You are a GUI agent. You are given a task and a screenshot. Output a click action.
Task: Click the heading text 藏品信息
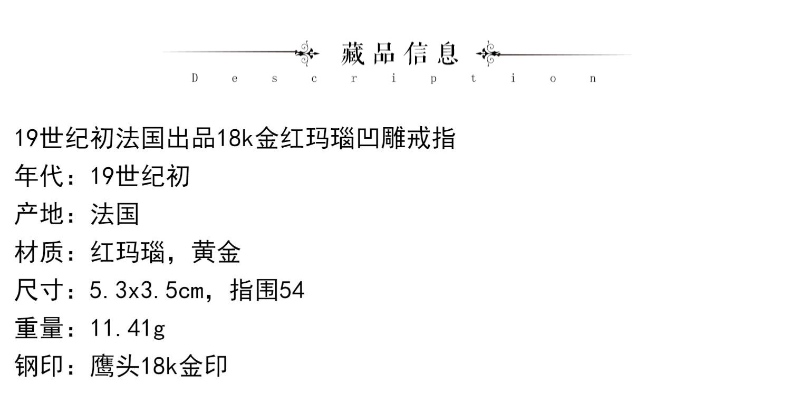click(400, 53)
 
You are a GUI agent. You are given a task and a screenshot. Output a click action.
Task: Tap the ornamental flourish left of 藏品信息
click(306, 53)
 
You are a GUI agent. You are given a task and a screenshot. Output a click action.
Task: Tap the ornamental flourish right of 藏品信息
click(488, 53)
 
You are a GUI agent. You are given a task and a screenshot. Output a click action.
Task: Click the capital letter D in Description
click(195, 79)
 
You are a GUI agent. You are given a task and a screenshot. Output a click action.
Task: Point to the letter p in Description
click(433, 79)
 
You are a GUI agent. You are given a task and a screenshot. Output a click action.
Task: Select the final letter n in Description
click(593, 79)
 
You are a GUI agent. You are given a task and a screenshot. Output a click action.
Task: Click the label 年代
click(38, 176)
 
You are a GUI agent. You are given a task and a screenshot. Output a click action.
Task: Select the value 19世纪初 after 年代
click(140, 176)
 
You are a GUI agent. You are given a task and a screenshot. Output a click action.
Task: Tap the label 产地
click(38, 214)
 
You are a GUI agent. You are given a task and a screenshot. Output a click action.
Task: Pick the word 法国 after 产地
click(114, 214)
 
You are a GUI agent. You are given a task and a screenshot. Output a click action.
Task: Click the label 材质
click(38, 252)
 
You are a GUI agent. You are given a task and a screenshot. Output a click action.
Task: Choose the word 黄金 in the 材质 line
click(216, 252)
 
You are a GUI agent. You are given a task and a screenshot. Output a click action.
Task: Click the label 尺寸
click(38, 290)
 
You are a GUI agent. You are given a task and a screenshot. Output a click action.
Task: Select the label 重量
click(38, 328)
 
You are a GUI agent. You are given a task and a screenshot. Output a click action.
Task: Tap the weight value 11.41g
click(128, 329)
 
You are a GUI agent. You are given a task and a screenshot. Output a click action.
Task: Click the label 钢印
click(38, 366)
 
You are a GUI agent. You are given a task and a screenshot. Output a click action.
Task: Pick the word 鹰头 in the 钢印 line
click(114, 366)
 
